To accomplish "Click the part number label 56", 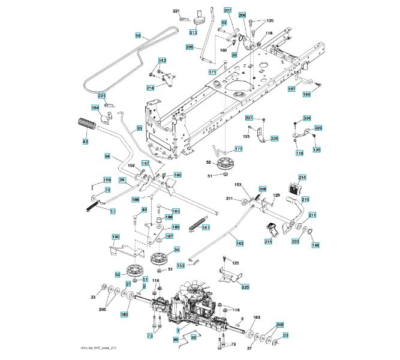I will pyautogui.click(x=139, y=37).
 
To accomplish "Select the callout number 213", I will pyautogui.click(x=193, y=32).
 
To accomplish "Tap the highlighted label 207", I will pyautogui.click(x=227, y=11).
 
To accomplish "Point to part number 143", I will pyautogui.click(x=162, y=61).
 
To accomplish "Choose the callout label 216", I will pyautogui.click(x=150, y=88).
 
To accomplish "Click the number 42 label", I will pyautogui.click(x=85, y=142).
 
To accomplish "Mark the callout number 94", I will pyautogui.click(x=108, y=157).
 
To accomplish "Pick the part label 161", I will pyautogui.click(x=205, y=227).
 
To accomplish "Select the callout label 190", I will pyautogui.click(x=116, y=236).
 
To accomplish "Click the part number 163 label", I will pyautogui.click(x=240, y=244).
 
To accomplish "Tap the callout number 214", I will pyautogui.click(x=302, y=178).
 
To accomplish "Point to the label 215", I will pyautogui.click(x=267, y=242).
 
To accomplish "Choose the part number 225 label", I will pyautogui.click(x=245, y=287).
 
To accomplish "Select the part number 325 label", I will pyautogui.click(x=274, y=139).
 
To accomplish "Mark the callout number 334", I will pyautogui.click(x=306, y=118).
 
